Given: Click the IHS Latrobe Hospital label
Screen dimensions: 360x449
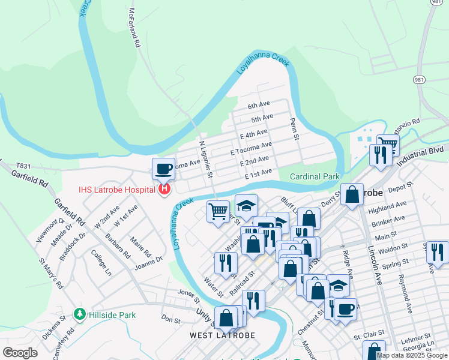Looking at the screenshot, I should point(116,190).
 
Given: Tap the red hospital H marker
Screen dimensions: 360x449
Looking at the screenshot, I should point(164,190).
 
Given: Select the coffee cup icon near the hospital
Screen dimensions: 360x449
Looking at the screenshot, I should point(163,169).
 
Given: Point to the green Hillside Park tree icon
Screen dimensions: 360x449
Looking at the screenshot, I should point(79,314).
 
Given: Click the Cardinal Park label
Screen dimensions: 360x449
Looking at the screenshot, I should point(315,176).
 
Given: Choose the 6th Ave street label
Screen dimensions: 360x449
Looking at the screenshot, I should point(259,105).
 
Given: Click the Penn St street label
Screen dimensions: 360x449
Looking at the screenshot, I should point(294,128).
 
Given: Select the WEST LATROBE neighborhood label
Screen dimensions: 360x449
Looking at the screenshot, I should point(223,335).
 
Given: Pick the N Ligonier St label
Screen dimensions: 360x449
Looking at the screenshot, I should point(206,159).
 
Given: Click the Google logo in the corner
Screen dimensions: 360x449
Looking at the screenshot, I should point(20,353).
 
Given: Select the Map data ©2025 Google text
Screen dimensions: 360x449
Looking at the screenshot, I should point(412,355).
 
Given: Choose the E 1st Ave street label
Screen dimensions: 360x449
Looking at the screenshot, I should point(258,173).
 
